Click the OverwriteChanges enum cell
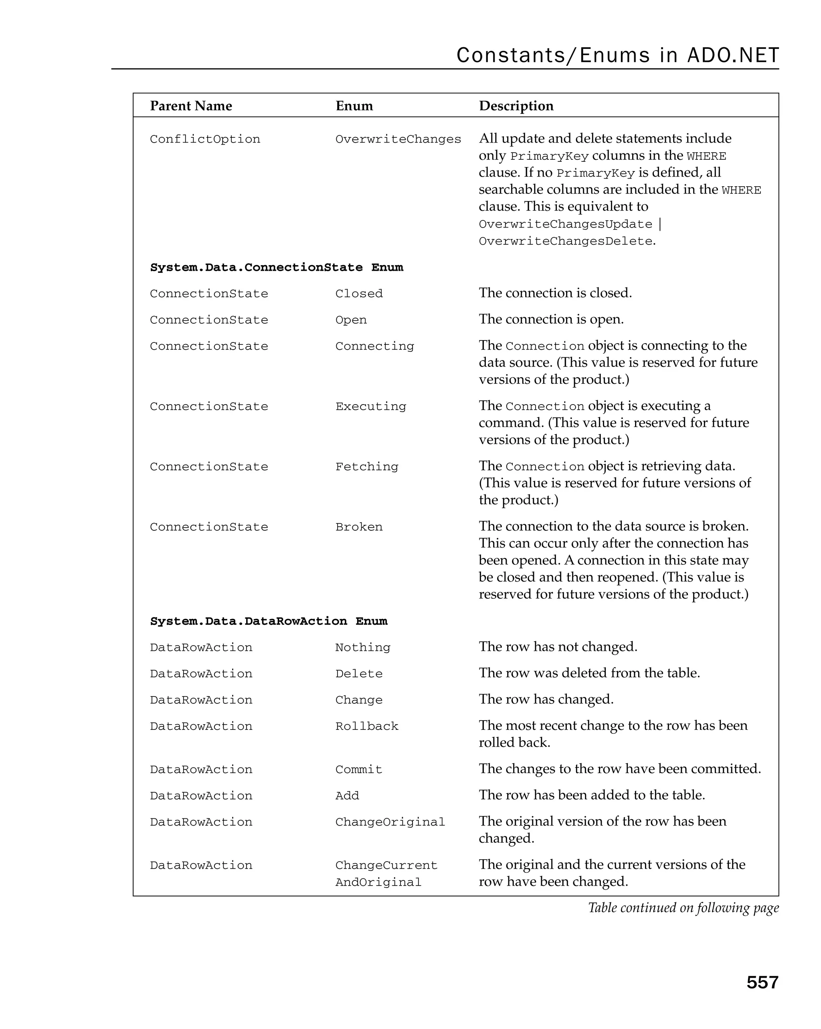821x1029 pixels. tap(398, 139)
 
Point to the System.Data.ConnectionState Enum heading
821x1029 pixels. tap(277, 267)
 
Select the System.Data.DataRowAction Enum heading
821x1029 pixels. tap(269, 621)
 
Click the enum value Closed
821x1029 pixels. tap(359, 294)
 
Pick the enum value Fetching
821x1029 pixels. tap(366, 466)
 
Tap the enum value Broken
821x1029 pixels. tap(359, 527)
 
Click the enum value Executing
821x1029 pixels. tap(371, 406)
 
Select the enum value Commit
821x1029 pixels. tap(359, 769)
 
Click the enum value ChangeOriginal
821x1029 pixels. tap(390, 822)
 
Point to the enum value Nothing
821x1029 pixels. tap(362, 647)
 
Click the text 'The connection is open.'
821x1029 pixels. tap(551, 319)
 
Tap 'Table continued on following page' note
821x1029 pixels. tap(683, 907)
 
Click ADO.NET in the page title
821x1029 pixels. tap(733, 55)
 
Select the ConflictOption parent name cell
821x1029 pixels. tap(205, 139)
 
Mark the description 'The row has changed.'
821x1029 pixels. tap(546, 699)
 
